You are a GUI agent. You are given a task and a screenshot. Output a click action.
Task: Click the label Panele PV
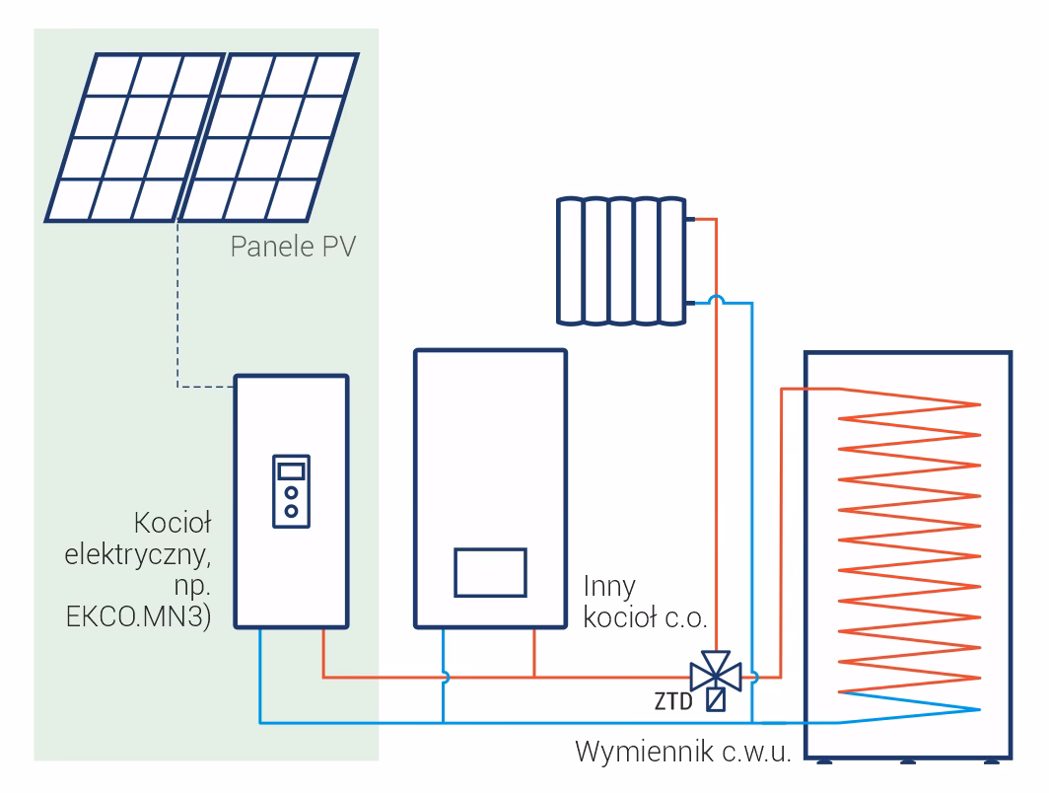(292, 244)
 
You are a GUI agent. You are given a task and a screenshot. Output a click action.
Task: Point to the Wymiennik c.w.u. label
(683, 754)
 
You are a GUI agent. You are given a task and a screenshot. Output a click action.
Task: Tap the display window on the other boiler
(490, 572)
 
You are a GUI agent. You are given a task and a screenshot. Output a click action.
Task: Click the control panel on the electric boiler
(292, 487)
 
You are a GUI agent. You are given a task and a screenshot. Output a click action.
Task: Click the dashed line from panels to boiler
(177, 316)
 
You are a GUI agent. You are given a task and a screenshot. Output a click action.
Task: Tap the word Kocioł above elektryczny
(173, 520)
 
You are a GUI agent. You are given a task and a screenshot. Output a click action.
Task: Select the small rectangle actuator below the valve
(717, 700)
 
